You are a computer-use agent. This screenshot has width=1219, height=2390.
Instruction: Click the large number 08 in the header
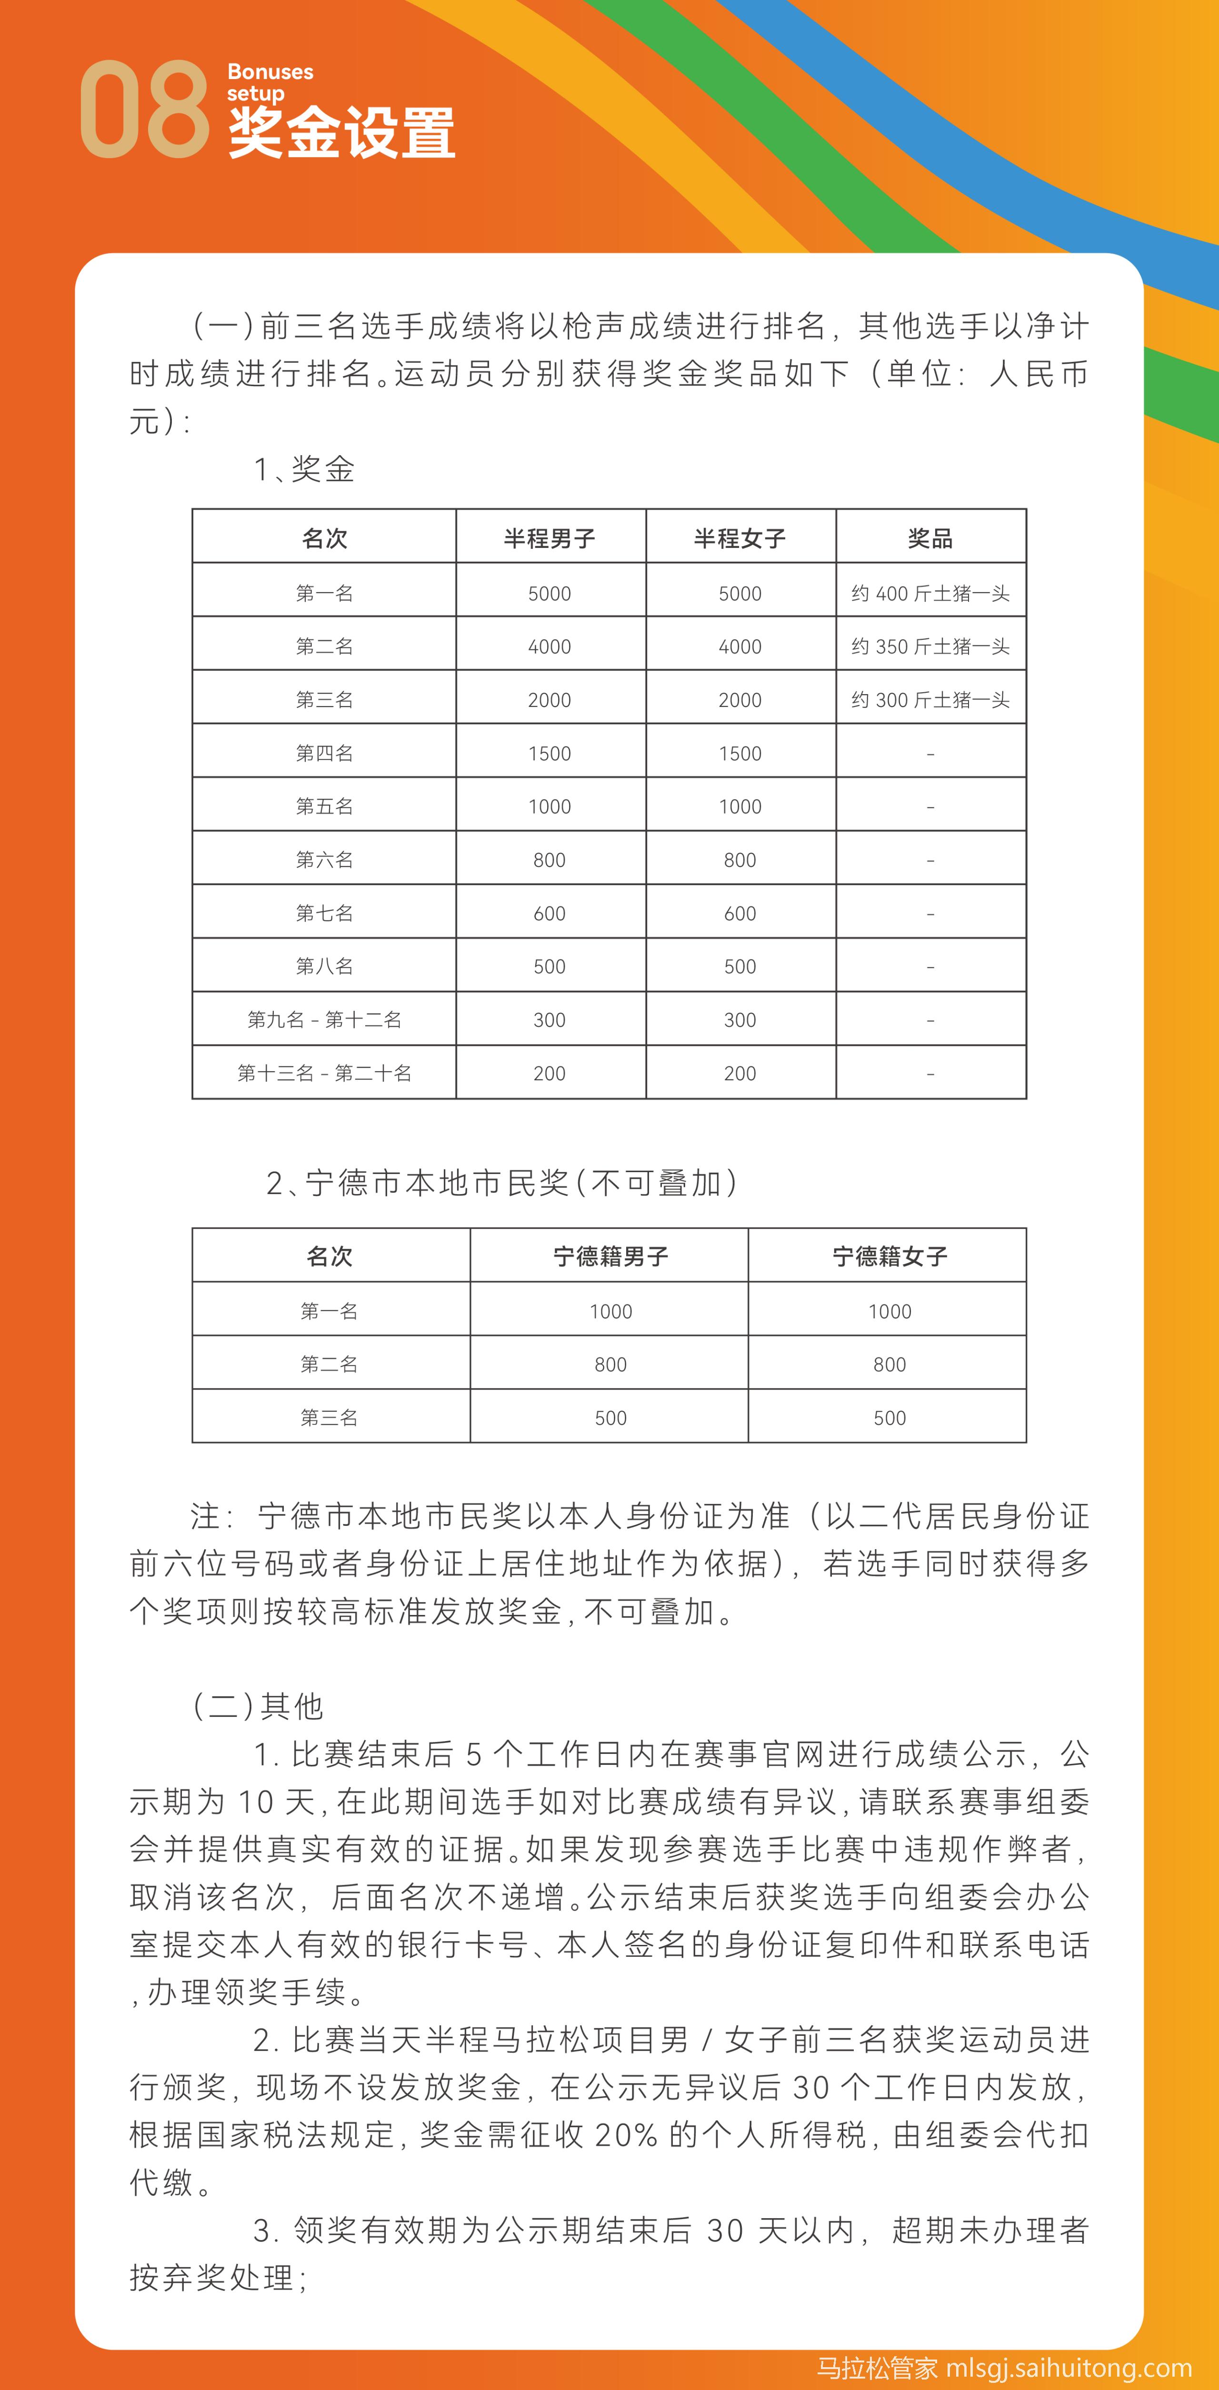click(x=144, y=110)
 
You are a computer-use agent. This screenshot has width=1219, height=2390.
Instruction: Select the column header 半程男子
click(x=549, y=538)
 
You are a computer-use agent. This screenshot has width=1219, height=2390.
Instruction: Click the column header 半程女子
click(x=739, y=538)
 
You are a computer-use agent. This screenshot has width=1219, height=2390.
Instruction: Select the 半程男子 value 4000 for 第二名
click(x=549, y=647)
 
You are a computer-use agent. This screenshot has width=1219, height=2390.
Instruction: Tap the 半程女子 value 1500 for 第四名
click(x=739, y=753)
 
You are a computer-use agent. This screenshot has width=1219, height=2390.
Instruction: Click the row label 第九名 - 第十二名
click(x=324, y=1020)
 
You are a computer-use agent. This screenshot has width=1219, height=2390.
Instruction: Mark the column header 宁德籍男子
click(x=610, y=1256)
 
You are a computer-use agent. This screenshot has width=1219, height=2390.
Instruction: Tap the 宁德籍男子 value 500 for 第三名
click(x=610, y=1418)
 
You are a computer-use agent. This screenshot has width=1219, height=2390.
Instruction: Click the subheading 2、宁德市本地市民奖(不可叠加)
click(x=502, y=1183)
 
